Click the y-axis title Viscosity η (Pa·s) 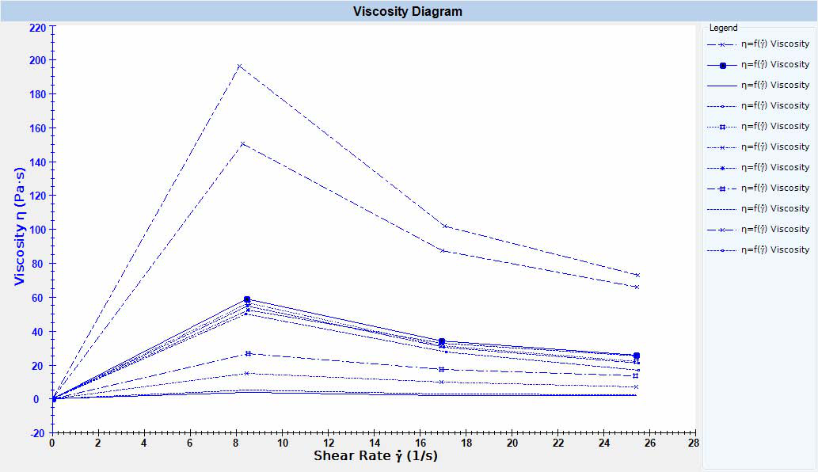point(21,230)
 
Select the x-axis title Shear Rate point(375,455)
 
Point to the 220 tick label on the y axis point(37,26)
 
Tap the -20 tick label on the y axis point(37,433)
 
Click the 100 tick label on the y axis point(37,230)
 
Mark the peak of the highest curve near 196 point(240,66)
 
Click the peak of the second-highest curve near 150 point(243,143)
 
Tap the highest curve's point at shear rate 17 point(444,226)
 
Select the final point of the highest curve point(637,275)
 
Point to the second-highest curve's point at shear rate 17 point(442,250)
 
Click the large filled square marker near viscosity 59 point(247,299)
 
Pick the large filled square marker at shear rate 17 point(442,341)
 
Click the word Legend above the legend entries point(723,28)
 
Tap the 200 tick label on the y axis point(37,60)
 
